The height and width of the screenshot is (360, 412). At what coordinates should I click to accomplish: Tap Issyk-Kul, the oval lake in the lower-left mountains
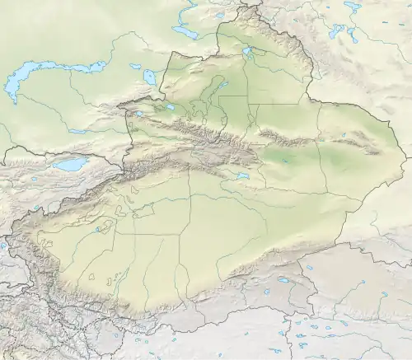(x=70, y=165)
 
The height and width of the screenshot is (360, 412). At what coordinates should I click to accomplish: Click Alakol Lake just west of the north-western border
(x=149, y=77)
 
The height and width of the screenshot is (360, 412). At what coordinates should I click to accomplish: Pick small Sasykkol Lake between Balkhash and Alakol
(x=135, y=67)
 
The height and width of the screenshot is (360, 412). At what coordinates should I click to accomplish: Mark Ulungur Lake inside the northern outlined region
(x=247, y=54)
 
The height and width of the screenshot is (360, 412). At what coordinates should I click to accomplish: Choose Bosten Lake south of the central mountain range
(x=241, y=175)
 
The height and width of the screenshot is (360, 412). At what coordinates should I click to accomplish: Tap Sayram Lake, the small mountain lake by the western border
(x=138, y=114)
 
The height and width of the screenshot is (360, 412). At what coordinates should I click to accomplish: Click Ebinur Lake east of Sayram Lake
(x=169, y=106)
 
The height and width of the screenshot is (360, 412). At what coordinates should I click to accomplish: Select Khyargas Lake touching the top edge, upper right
(x=353, y=5)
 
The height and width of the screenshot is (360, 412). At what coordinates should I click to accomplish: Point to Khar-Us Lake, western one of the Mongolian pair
(x=336, y=31)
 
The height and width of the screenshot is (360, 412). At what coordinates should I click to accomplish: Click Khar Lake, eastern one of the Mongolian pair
(x=352, y=34)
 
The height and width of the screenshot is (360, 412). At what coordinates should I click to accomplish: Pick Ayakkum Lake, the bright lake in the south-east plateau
(x=283, y=280)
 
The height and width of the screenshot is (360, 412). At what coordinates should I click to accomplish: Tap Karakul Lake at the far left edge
(x=2, y=245)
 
